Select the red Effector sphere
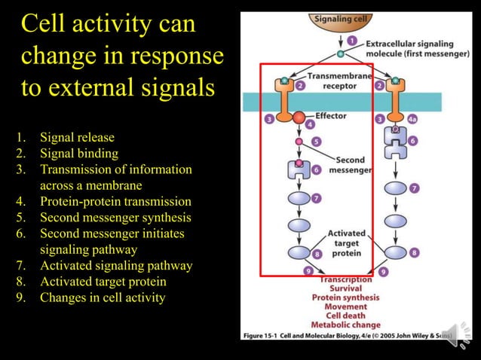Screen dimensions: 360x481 tap(300, 117)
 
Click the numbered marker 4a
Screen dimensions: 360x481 tap(412, 118)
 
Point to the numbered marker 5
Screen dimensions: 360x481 tap(315, 141)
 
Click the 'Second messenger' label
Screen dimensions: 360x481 tap(350, 165)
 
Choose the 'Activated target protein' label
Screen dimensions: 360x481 tap(346, 243)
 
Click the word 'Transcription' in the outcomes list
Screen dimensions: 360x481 tap(345, 279)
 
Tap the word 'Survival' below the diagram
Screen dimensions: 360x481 tap(345, 288)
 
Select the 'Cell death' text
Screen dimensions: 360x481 tap(345, 316)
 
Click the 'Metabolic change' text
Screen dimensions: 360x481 tap(346, 325)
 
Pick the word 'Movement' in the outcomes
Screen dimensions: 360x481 tap(345, 307)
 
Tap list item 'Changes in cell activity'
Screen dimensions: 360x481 tap(102, 297)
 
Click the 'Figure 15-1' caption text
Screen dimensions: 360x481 tap(265, 334)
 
